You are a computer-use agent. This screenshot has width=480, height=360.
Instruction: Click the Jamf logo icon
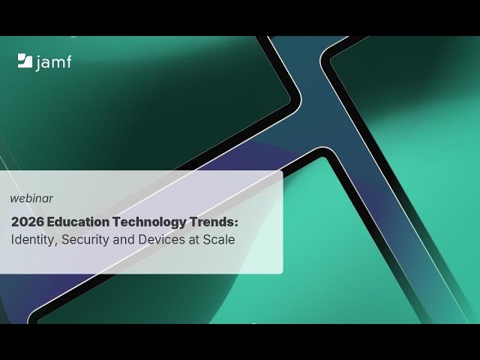(24, 61)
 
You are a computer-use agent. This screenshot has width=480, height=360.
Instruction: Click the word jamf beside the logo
(54, 62)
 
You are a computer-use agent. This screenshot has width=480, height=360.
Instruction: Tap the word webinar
(31, 199)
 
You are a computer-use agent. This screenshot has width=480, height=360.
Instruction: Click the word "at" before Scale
(192, 241)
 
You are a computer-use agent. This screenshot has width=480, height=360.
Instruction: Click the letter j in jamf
(38, 63)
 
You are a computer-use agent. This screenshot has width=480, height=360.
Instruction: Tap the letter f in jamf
(69, 61)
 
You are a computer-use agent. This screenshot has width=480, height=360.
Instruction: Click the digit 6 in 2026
(40, 222)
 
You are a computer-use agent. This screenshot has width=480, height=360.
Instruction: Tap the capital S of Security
(63, 241)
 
